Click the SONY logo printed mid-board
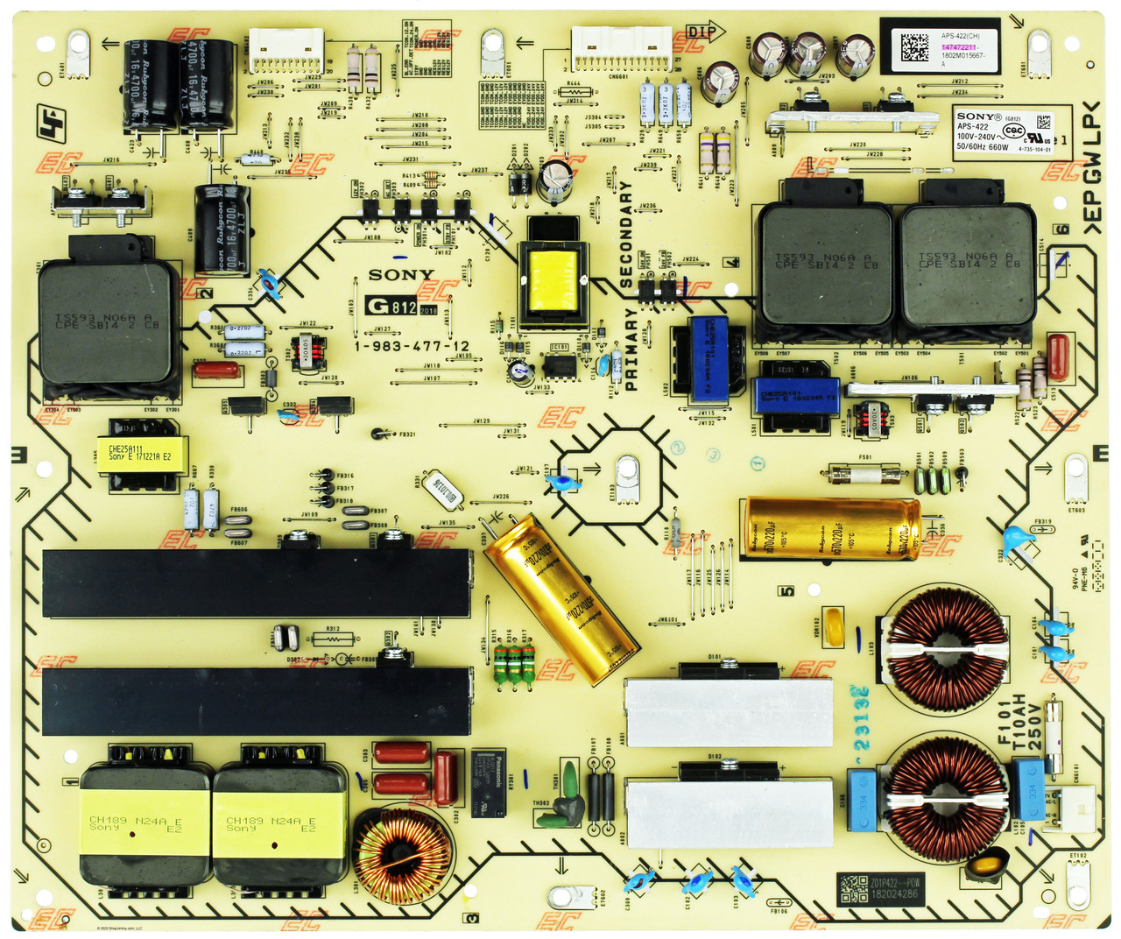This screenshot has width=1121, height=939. point(401,275)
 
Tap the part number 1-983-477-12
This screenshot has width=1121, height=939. point(412,346)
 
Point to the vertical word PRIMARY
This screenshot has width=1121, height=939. point(631,349)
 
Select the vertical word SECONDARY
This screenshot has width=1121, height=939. point(626,235)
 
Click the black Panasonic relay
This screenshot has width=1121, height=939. point(488,782)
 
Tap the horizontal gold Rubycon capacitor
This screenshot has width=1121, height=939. point(830,528)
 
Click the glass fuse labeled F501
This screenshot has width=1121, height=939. point(865,475)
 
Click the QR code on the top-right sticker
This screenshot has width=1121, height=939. point(913,46)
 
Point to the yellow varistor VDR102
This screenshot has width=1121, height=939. point(833,628)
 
